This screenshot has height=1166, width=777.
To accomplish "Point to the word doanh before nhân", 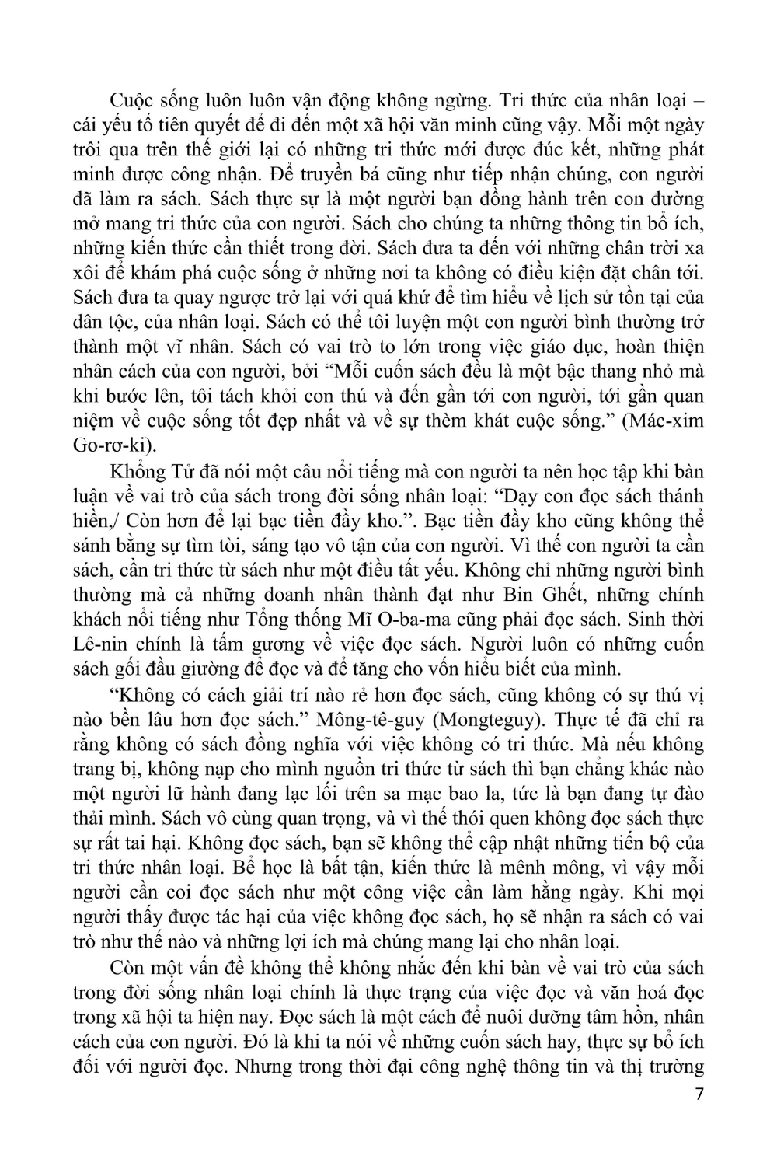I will click(x=295, y=595).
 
